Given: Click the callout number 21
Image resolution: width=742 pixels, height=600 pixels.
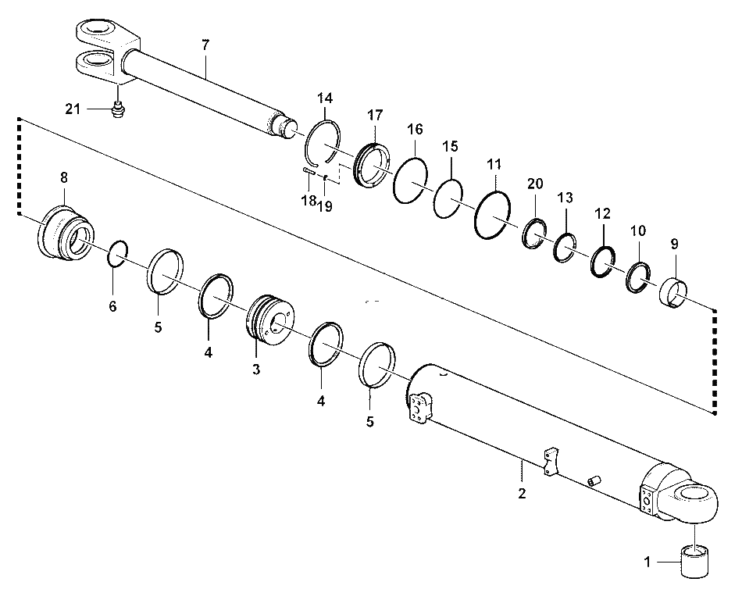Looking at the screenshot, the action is [73, 109].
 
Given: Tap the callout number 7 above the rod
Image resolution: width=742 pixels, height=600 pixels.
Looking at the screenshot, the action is [205, 45].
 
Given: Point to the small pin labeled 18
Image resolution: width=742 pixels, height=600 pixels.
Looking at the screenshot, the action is [309, 171].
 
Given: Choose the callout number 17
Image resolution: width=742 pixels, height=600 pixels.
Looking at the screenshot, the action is [375, 115].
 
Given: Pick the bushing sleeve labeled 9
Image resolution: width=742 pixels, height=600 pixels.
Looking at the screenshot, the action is [673, 294].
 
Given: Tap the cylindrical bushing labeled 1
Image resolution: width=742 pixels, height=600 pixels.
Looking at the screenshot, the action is [694, 561].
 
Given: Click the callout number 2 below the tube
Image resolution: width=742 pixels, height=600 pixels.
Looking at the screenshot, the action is [522, 493].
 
